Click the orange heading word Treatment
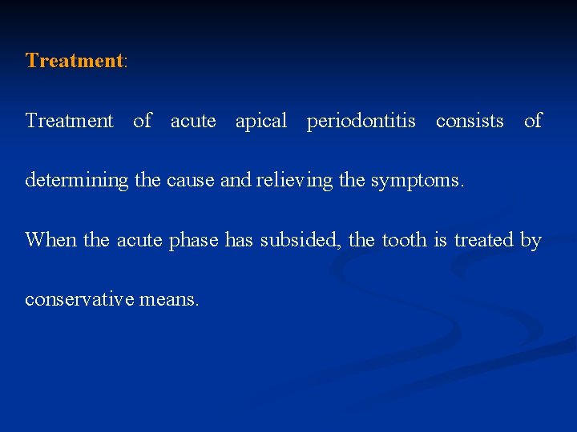pos(75,61)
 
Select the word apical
pos(260,121)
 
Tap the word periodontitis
pos(361,121)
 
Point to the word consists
pos(470,121)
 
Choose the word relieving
pos(294,181)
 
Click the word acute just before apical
pos(193,121)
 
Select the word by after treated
pos(531,240)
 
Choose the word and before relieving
pos(235,181)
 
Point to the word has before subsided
pos(239,240)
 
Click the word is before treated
pos(441,240)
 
